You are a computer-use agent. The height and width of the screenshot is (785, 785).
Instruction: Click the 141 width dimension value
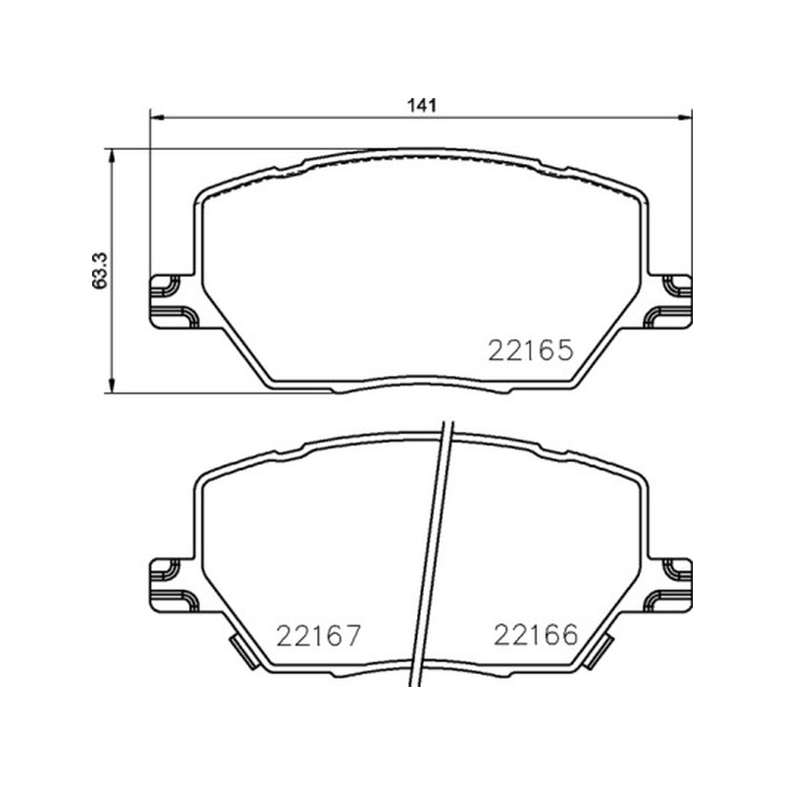tap(423, 105)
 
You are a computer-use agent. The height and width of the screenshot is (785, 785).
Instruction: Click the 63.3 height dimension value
tap(100, 271)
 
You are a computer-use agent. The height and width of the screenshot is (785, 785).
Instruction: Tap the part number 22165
tap(530, 350)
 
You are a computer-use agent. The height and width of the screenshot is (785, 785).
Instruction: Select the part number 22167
tap(318, 636)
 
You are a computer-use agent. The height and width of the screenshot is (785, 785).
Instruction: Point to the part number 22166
tap(536, 635)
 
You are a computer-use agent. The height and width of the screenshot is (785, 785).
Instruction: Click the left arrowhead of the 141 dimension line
tap(157, 118)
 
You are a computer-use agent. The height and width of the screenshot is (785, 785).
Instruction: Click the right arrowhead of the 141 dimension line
tap(685, 118)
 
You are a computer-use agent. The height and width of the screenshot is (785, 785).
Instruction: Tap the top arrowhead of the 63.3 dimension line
tap(112, 156)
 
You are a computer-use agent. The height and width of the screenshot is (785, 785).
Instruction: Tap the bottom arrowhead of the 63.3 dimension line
tap(112, 385)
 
